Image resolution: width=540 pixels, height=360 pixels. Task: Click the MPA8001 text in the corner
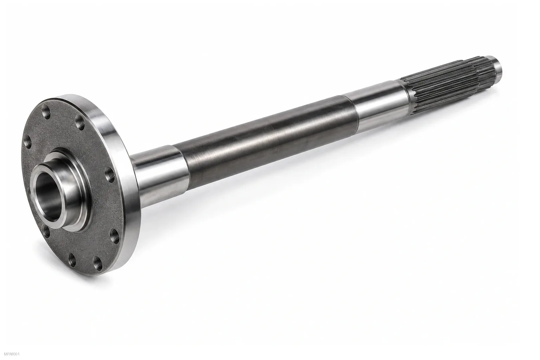coord(10,354)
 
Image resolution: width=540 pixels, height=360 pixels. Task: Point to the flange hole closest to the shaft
coord(110,174)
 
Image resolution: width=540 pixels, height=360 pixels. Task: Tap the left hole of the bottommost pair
coord(72,258)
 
